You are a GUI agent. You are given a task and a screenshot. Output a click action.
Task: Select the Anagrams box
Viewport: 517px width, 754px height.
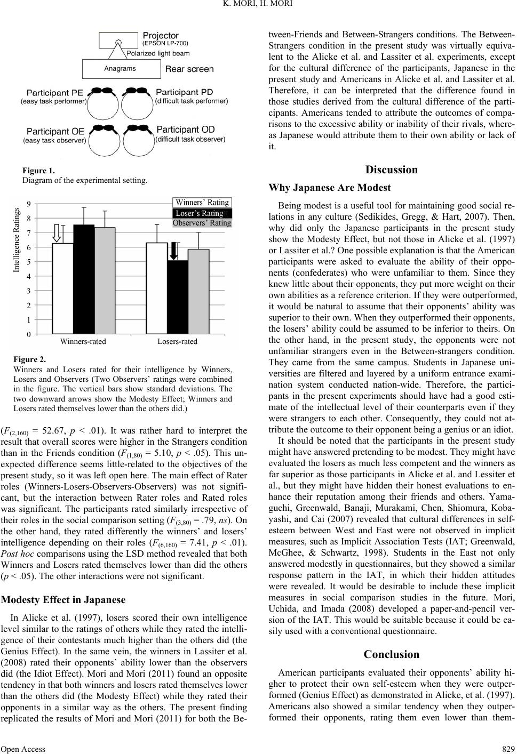tap(121, 69)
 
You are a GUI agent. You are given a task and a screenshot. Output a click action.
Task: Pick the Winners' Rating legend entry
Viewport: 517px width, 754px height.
tap(202, 203)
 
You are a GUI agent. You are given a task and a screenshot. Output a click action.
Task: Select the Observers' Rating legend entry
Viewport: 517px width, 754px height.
tap(202, 223)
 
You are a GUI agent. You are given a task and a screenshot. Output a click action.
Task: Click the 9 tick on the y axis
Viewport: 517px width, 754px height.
tap(28, 203)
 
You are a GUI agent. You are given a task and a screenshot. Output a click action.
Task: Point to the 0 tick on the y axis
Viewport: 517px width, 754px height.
tap(28, 334)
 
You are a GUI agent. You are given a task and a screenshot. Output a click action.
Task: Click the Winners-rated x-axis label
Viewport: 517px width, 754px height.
tap(83, 342)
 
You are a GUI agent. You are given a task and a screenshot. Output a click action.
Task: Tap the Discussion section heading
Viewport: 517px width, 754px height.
tap(392, 170)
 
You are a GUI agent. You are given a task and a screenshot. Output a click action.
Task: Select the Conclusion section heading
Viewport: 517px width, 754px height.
tap(392, 654)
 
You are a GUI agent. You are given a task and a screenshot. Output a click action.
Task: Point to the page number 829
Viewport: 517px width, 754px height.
tap(507, 749)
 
